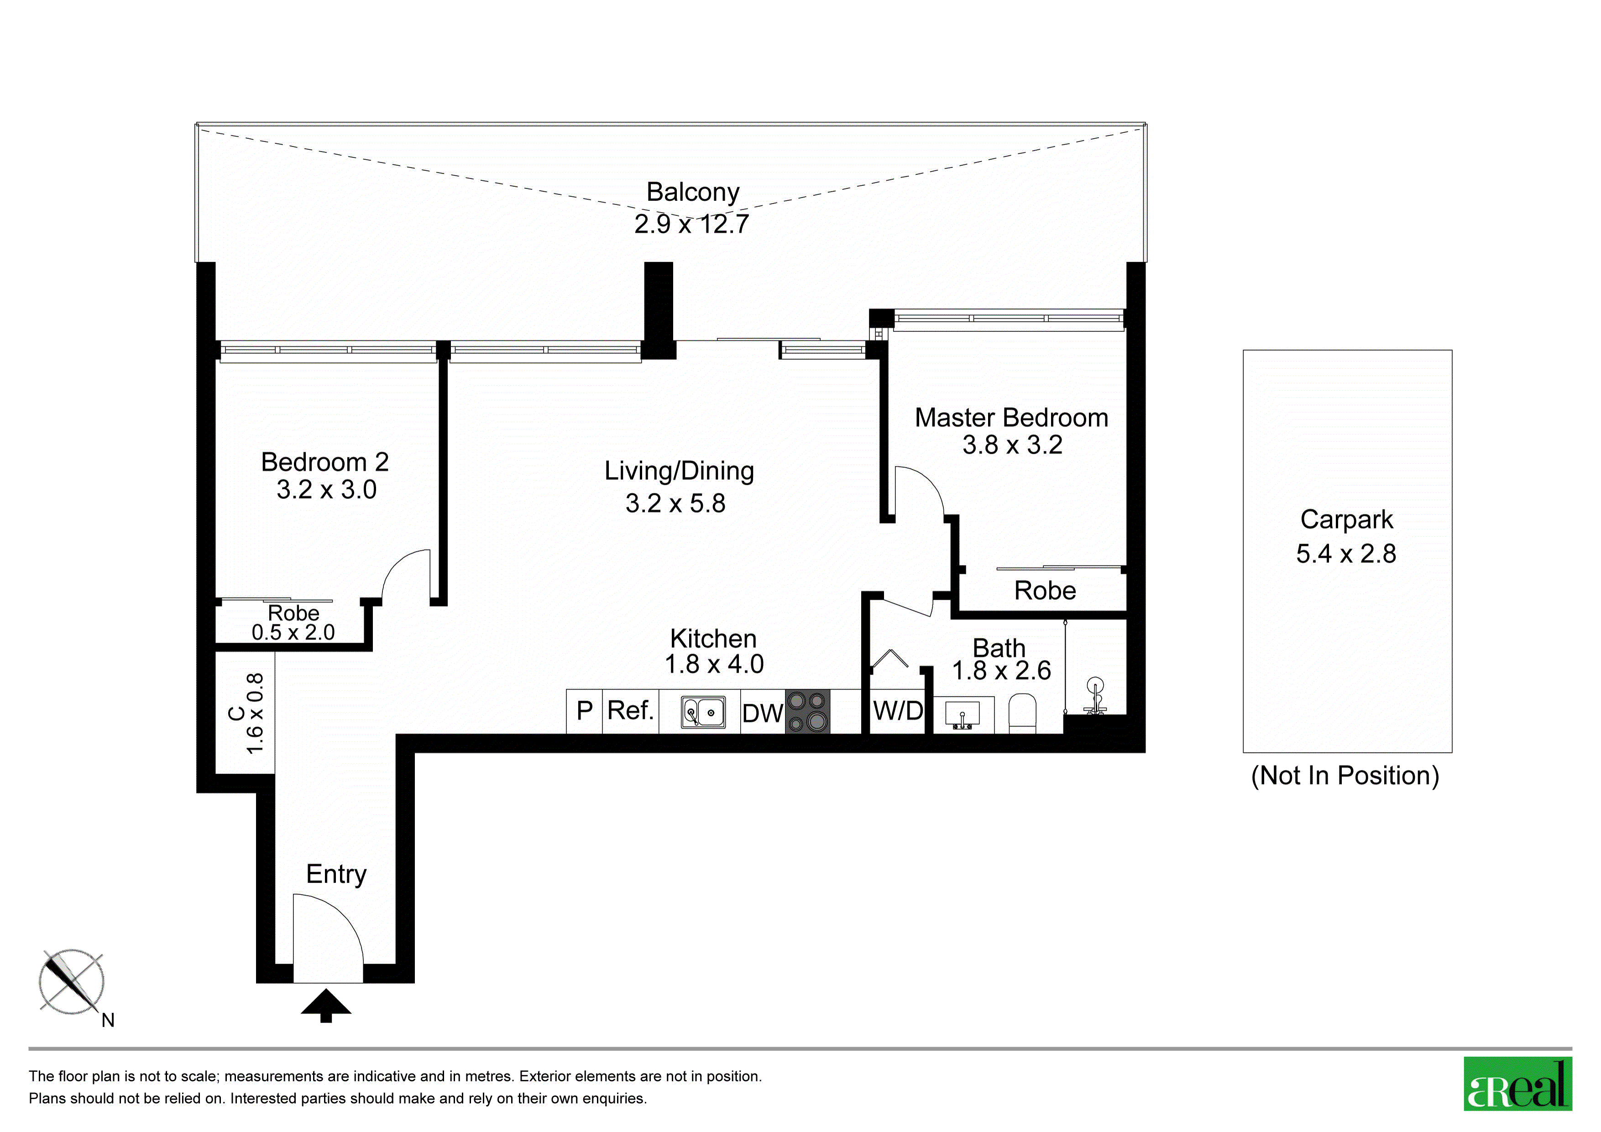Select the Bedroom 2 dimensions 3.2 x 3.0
326,490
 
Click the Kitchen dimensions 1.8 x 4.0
714,664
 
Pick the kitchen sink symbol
703,712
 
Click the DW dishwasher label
762,713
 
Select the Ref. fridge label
630,711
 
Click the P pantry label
584,711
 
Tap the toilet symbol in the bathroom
1023,713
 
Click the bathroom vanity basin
962,715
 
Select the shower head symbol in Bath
1095,696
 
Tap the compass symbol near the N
71,982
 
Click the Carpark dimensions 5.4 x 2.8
1346,554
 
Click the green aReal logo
1517,1084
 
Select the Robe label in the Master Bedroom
1045,591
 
